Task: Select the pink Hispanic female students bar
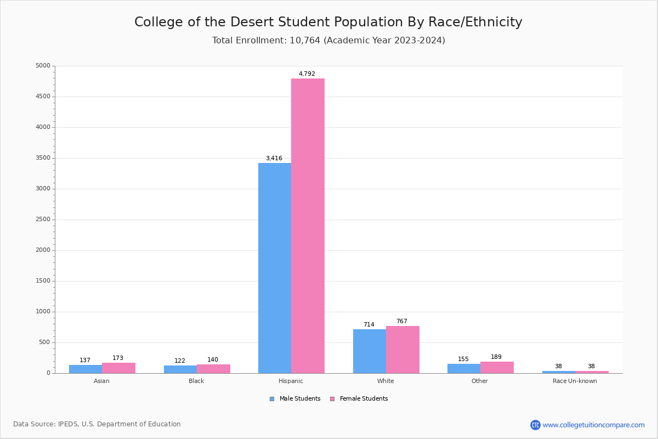tap(308, 226)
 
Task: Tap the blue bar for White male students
tap(370, 351)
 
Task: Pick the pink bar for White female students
tap(402, 350)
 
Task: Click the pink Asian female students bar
tap(118, 368)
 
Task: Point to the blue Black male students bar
tap(180, 369)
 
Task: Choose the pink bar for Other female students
tap(497, 367)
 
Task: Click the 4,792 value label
tap(307, 74)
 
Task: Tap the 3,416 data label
tap(274, 159)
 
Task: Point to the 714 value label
tap(369, 325)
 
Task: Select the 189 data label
tap(496, 357)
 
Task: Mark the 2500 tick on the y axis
tap(43, 219)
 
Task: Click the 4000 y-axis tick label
tap(43, 127)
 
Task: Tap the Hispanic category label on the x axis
tap(291, 381)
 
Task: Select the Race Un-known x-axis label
tap(575, 381)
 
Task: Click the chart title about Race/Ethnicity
tap(328, 22)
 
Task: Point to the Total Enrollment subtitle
tap(328, 41)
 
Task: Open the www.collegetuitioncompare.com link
tap(593, 425)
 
